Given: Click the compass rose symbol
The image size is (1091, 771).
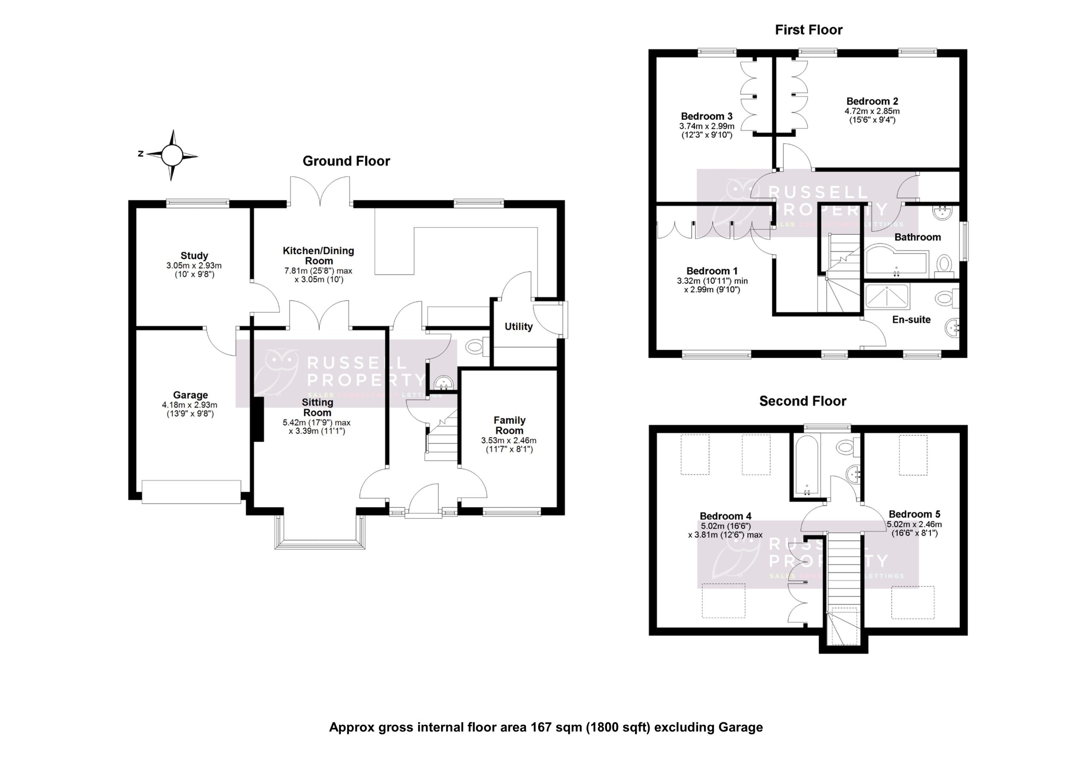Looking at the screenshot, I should point(172,155).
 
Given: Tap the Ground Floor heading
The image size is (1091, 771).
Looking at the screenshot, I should point(346,161).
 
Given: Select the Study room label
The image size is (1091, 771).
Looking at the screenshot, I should point(194,256).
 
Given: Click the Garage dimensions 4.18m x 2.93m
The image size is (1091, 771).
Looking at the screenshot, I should point(190,405).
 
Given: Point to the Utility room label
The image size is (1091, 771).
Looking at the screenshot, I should point(518,326).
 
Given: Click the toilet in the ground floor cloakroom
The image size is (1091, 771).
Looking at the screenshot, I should point(475,346).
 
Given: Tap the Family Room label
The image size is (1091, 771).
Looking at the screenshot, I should point(509,425).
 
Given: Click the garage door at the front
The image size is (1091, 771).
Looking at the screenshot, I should point(191,492).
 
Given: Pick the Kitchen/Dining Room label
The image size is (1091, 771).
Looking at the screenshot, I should point(318,256).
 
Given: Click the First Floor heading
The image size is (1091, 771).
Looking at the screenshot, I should point(809,30).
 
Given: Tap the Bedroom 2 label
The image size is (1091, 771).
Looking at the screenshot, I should point(872,101).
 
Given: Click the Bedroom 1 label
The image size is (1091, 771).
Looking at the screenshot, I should point(712,271).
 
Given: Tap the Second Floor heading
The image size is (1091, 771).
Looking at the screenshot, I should point(802,401).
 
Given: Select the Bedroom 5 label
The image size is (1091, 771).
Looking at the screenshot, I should point(914,514).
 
